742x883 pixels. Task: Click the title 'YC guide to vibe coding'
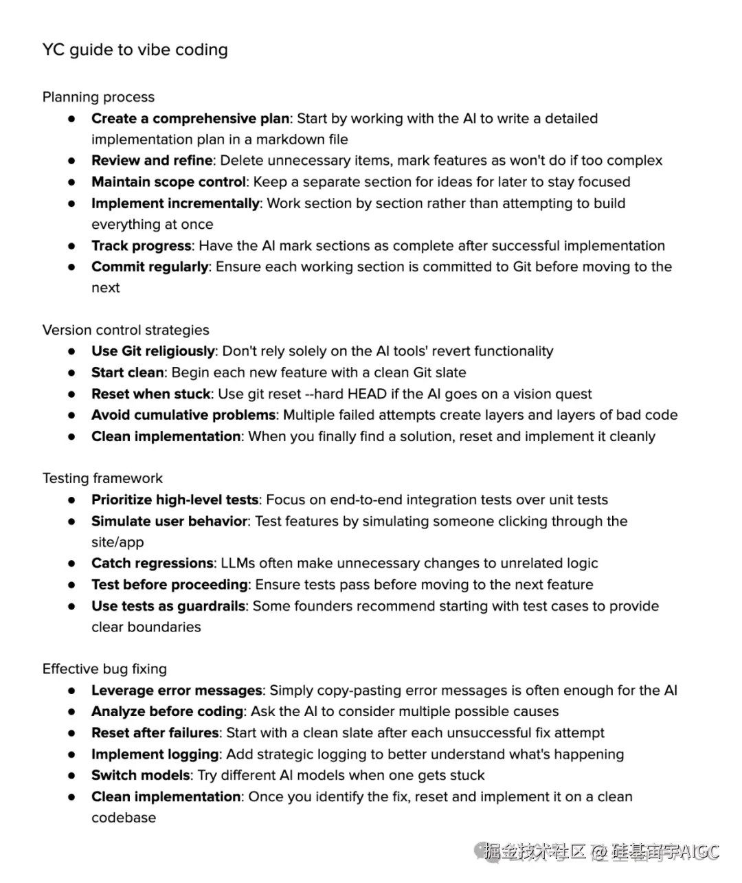click(x=135, y=50)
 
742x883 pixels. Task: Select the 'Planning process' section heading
click(x=98, y=97)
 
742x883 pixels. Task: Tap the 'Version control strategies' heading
click(x=126, y=330)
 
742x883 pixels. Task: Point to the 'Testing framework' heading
click(x=102, y=478)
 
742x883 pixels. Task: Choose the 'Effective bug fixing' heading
click(x=104, y=669)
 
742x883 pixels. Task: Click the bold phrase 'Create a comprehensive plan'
click(x=190, y=118)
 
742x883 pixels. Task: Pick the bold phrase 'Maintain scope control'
click(x=168, y=181)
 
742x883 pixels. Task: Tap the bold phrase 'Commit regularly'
click(x=150, y=267)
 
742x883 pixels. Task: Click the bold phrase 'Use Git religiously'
click(x=153, y=351)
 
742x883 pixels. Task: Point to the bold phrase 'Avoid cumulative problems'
click(x=183, y=415)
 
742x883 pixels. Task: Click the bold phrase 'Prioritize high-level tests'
click(x=175, y=500)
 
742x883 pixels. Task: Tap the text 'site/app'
click(x=117, y=542)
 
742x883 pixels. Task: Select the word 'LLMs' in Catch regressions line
click(x=238, y=563)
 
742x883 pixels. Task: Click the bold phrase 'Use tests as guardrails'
click(x=168, y=606)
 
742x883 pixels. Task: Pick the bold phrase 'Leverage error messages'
click(x=177, y=690)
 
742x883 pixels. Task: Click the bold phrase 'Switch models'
click(x=140, y=775)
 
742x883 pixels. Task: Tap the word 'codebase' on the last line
click(x=124, y=818)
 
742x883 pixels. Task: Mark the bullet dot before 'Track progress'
click(x=71, y=246)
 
